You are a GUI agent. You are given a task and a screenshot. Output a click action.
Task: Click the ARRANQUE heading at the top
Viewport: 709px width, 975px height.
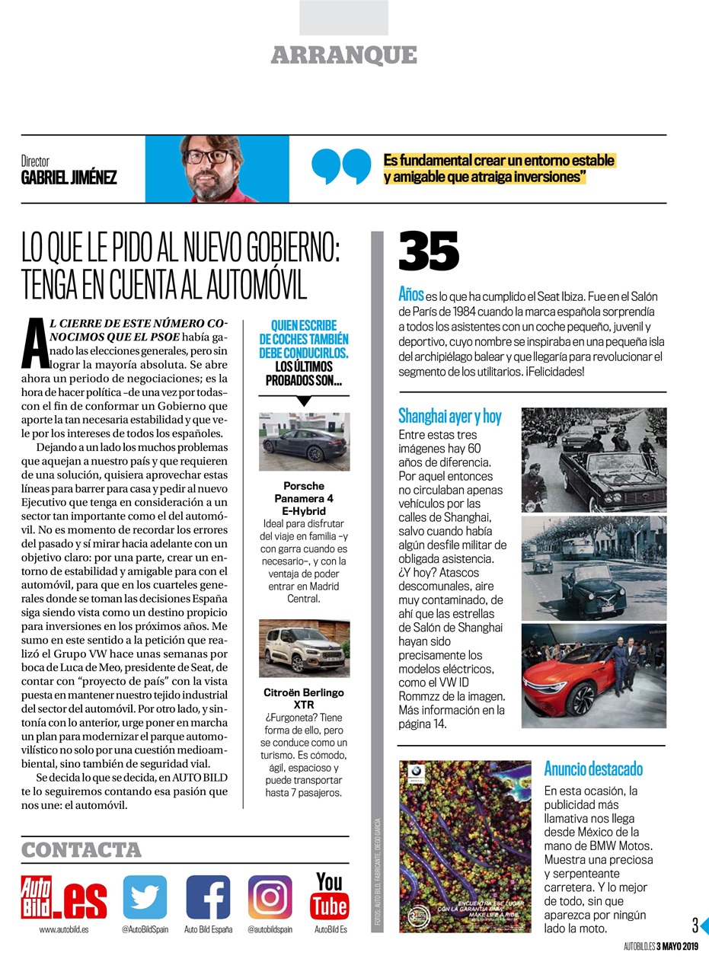[343, 56]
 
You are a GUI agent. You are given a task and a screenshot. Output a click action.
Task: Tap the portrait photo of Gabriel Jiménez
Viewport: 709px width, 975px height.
[217, 168]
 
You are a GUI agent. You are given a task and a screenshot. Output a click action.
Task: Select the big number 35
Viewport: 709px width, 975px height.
[429, 252]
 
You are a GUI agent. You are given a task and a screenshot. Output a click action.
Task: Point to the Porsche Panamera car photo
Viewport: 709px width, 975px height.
[305, 441]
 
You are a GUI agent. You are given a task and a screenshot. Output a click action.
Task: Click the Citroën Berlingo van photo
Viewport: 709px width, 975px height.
[305, 648]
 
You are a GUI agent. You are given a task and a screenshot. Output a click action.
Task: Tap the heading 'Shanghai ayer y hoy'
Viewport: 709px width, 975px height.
[450, 416]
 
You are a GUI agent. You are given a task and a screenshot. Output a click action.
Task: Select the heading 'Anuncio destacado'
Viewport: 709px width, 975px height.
[593, 768]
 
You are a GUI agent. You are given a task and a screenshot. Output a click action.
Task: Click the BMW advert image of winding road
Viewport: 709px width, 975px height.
[465, 846]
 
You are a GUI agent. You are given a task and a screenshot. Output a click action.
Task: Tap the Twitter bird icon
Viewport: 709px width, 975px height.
[145, 897]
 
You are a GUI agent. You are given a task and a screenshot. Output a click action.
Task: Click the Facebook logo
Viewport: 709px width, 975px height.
[208, 897]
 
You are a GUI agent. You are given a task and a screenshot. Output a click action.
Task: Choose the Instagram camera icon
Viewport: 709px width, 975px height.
[270, 897]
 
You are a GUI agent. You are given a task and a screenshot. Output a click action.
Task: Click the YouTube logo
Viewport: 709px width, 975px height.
[329, 896]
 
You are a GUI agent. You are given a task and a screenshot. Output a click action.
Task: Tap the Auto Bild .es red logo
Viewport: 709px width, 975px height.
[64, 898]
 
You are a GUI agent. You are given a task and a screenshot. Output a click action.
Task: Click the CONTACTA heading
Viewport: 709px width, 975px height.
[81, 850]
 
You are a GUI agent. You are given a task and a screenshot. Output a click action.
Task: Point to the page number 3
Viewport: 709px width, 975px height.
[695, 926]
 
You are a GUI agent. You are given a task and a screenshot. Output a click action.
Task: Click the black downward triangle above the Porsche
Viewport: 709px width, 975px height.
[304, 401]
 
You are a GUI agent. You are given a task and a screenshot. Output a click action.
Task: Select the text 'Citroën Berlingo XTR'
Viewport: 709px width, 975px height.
[304, 698]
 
